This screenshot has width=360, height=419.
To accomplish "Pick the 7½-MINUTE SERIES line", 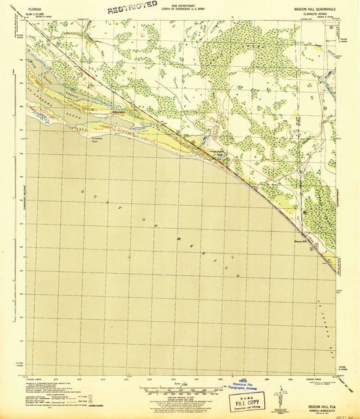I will pyautogui.click(x=320, y=15).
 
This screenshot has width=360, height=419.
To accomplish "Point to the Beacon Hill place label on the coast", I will pyautogui.click(x=301, y=242).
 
